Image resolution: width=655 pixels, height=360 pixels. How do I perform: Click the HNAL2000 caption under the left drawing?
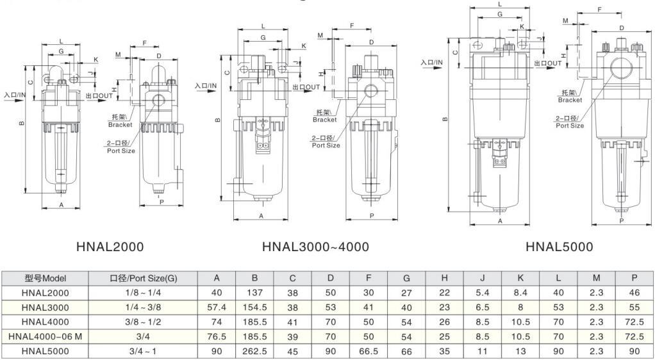pyautogui.click(x=110, y=247)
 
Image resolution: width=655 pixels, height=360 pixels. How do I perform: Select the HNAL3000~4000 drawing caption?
pyautogui.click(x=316, y=247)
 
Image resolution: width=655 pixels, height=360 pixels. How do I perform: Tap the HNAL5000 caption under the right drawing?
pyautogui.click(x=559, y=247)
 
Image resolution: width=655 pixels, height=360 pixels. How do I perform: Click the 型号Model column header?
pyautogui.click(x=46, y=279)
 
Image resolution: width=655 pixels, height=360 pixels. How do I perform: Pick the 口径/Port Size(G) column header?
pyautogui.click(x=143, y=279)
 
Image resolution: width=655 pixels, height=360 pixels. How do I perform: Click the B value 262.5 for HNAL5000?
pyautogui.click(x=254, y=351)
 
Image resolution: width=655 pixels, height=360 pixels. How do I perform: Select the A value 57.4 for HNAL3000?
pyautogui.click(x=217, y=307)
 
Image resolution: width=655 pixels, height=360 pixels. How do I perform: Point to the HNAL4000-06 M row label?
pyautogui.click(x=46, y=336)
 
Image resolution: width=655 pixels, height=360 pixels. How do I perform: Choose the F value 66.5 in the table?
pyautogui.click(x=369, y=351)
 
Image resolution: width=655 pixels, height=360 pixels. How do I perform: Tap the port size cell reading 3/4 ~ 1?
pyautogui.click(x=143, y=351)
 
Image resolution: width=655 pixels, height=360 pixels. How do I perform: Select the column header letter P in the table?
pyautogui.click(x=634, y=279)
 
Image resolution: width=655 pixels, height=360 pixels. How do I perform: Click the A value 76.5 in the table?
pyautogui.click(x=217, y=336)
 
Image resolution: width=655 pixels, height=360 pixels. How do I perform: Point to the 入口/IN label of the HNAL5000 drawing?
pyautogui.click(x=432, y=62)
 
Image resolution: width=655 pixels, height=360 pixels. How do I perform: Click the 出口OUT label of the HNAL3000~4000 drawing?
pyautogui.click(x=306, y=87)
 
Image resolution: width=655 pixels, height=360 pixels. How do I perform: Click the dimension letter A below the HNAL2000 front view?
pyautogui.click(x=61, y=205)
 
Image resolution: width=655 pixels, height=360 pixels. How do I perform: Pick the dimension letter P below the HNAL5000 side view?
pyautogui.click(x=621, y=220)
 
